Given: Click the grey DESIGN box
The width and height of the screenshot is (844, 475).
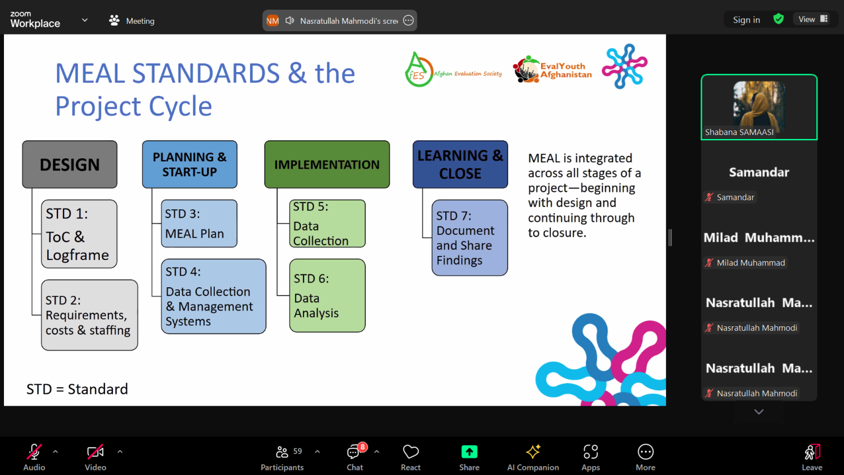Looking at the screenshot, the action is pyautogui.click(x=70, y=165).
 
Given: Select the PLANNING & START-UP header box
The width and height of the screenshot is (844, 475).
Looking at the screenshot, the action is pyautogui.click(x=189, y=165).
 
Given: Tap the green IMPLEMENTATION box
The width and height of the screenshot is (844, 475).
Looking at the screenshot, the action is pyautogui.click(x=327, y=165).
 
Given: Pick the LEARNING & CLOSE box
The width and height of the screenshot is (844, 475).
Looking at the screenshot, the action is pyautogui.click(x=460, y=165).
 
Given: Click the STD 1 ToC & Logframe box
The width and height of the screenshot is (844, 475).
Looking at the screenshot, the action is pyautogui.click(x=79, y=234).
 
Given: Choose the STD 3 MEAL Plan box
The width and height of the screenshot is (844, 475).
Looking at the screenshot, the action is pyautogui.click(x=199, y=224).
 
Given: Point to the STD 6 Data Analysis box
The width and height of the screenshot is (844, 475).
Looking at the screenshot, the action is pyautogui.click(x=327, y=296).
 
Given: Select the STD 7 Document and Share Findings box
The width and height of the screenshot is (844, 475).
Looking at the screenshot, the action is pyautogui.click(x=470, y=237).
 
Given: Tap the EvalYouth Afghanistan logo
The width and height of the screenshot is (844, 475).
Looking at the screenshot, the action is pyautogui.click(x=552, y=69).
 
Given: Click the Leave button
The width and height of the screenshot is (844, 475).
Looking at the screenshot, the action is pyautogui.click(x=812, y=457).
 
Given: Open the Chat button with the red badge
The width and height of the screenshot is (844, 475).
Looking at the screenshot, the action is pyautogui.click(x=355, y=457).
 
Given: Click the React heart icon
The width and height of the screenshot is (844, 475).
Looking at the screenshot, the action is pyautogui.click(x=410, y=451).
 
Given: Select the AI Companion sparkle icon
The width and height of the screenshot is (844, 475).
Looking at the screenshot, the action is pyautogui.click(x=533, y=451).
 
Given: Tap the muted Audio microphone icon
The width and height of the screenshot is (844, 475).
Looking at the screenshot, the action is pyautogui.click(x=34, y=452).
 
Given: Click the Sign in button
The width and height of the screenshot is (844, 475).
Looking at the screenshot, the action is pyautogui.click(x=746, y=20).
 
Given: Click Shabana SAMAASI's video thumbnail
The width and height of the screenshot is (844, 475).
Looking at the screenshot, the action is pyautogui.click(x=759, y=107).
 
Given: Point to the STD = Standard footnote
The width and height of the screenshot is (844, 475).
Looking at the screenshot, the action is pyautogui.click(x=77, y=389).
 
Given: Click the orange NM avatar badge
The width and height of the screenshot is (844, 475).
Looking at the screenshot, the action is pyautogui.click(x=272, y=20).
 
